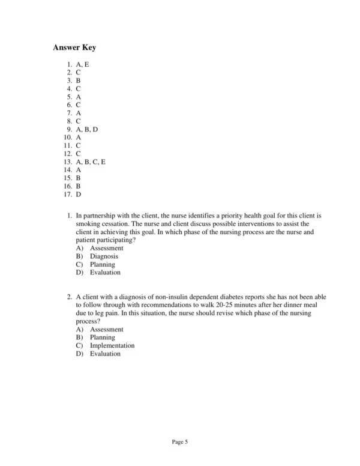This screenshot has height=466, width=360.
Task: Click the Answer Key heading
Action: click(74, 47)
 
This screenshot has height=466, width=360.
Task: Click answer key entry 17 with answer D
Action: click(73, 195)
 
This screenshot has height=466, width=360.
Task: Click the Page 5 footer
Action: click(180, 443)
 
